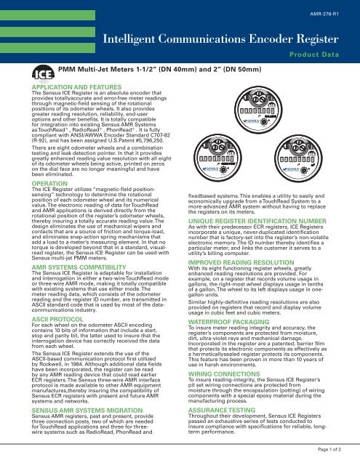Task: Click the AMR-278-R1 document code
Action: pos(324,14)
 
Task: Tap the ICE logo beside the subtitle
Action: pos(44,73)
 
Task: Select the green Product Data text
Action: pos(314,54)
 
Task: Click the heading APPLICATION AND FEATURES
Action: pos(76,87)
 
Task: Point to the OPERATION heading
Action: pos(49,184)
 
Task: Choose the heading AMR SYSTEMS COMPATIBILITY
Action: pos(79,267)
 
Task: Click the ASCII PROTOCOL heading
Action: pos(57,320)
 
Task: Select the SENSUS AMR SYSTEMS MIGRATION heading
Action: pos(87,411)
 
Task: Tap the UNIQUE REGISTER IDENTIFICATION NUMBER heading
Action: pos(257,221)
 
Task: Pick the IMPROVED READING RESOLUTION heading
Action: pos(241,263)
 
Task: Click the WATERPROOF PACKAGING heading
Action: pos(229,322)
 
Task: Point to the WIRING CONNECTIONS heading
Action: pos(224,374)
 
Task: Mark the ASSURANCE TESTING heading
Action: pos(222,410)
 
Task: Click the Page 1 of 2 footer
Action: pos(329,450)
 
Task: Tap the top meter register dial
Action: pos(258,110)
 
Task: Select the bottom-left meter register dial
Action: pos(217,158)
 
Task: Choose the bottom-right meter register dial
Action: pos(298,158)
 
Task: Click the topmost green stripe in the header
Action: pos(47,15)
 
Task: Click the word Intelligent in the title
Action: pos(129,39)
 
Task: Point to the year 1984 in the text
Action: pos(78,364)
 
